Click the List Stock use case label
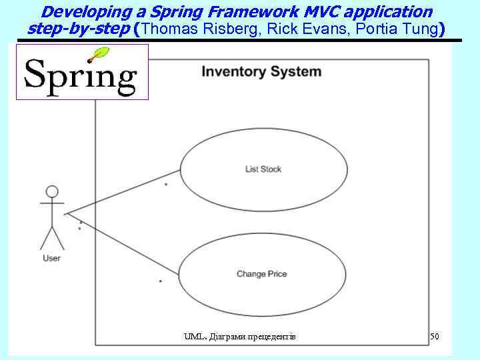pyautogui.click(x=263, y=169)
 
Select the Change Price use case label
pyautogui.click(x=261, y=274)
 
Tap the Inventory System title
pyautogui.click(x=261, y=72)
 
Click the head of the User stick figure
pyautogui.click(x=51, y=191)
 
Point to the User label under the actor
pyautogui.click(x=51, y=258)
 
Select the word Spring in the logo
pyautogui.click(x=80, y=77)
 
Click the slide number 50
pyautogui.click(x=435, y=337)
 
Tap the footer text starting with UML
pyautogui.click(x=239, y=337)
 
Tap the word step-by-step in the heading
pyautogui.click(x=79, y=29)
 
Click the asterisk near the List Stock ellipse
pyautogui.click(x=165, y=184)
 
